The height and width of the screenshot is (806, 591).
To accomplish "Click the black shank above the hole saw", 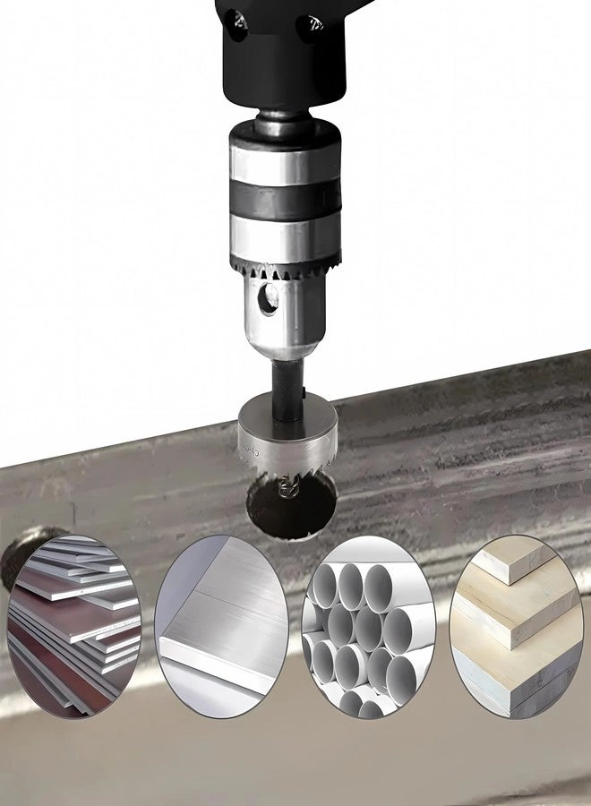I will click(287, 381).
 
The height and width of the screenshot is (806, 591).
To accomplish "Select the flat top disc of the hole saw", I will click(287, 415).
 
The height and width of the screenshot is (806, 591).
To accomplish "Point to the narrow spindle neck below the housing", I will click(284, 113).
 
